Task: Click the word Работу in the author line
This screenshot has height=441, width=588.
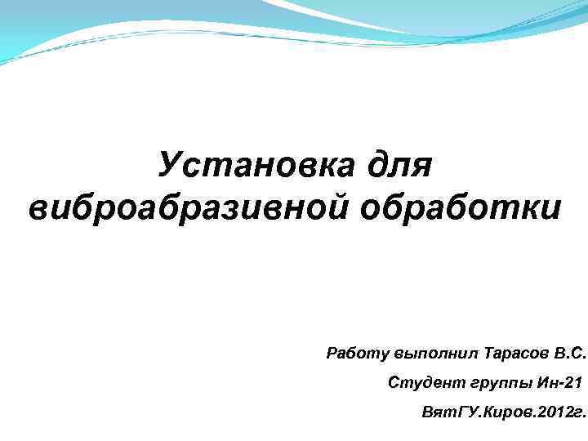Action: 357,354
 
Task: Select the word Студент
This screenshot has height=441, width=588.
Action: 425,381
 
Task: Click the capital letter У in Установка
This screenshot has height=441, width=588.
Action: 169,167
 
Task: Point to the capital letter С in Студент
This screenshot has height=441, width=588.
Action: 394,381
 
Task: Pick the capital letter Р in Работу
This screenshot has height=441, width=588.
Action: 332,354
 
